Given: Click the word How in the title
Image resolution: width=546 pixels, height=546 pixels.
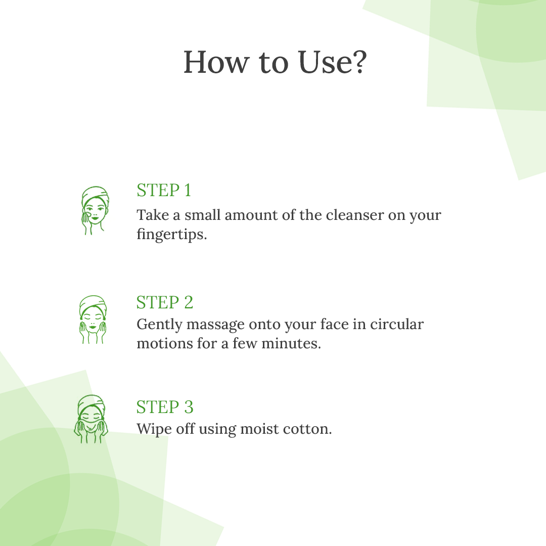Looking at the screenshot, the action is coord(216,62).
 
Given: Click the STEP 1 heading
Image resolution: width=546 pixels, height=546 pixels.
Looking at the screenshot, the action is coord(164,190).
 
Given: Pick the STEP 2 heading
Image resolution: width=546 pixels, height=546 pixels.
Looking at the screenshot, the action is coord(165,302).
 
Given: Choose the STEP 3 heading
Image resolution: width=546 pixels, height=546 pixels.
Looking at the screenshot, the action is coord(165,406).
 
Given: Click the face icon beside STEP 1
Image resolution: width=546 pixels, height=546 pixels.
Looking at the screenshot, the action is coord(95,210).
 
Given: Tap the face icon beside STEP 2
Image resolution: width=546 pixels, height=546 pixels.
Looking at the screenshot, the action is coord(93,320).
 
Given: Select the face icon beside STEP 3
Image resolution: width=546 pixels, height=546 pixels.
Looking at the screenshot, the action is coord(91,419).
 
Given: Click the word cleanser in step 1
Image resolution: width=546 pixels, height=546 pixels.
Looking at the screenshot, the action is coord(355,215).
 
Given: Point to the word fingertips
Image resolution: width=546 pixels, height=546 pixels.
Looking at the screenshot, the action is coord(172,235).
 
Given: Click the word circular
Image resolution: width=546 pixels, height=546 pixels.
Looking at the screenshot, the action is coord(397,324).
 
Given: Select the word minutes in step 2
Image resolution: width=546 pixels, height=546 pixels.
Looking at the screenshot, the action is coord(291,343).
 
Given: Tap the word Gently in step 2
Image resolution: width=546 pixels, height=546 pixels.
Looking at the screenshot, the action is coord(159,325).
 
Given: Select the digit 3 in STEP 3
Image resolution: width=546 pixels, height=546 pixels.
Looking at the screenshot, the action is coord(189,406).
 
